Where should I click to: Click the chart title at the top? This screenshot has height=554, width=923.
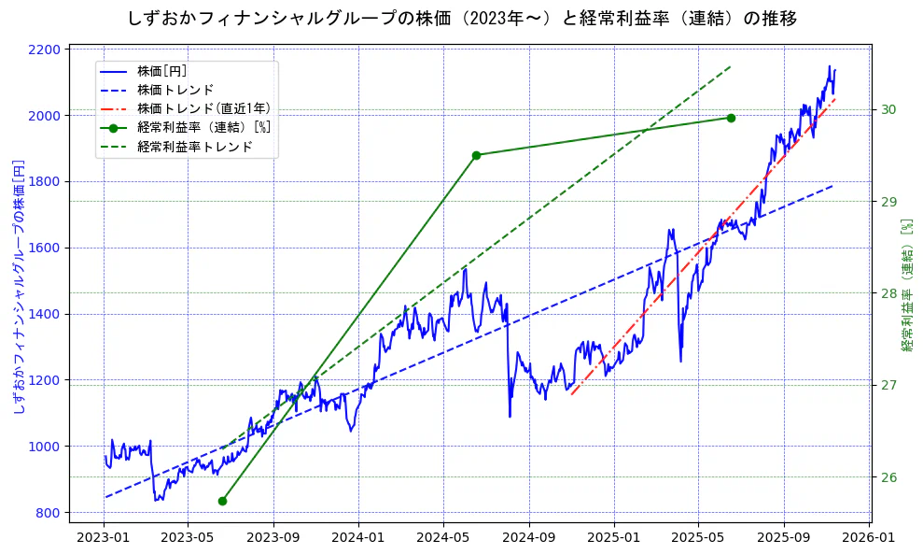[461, 18]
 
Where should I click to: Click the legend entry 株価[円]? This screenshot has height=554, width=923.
[162, 71]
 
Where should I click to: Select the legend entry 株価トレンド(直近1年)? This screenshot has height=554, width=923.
[203, 108]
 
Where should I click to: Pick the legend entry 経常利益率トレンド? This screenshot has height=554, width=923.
[194, 147]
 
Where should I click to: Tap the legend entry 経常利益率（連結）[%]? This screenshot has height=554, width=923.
[203, 127]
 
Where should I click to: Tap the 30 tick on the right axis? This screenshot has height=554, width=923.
[888, 110]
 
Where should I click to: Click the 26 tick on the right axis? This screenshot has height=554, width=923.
[888, 477]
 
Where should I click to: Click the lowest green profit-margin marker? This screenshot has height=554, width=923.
[222, 501]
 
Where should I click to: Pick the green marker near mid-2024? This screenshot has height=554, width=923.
[476, 155]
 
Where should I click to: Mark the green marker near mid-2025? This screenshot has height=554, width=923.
[731, 118]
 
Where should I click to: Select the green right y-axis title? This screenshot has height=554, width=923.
[907, 286]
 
